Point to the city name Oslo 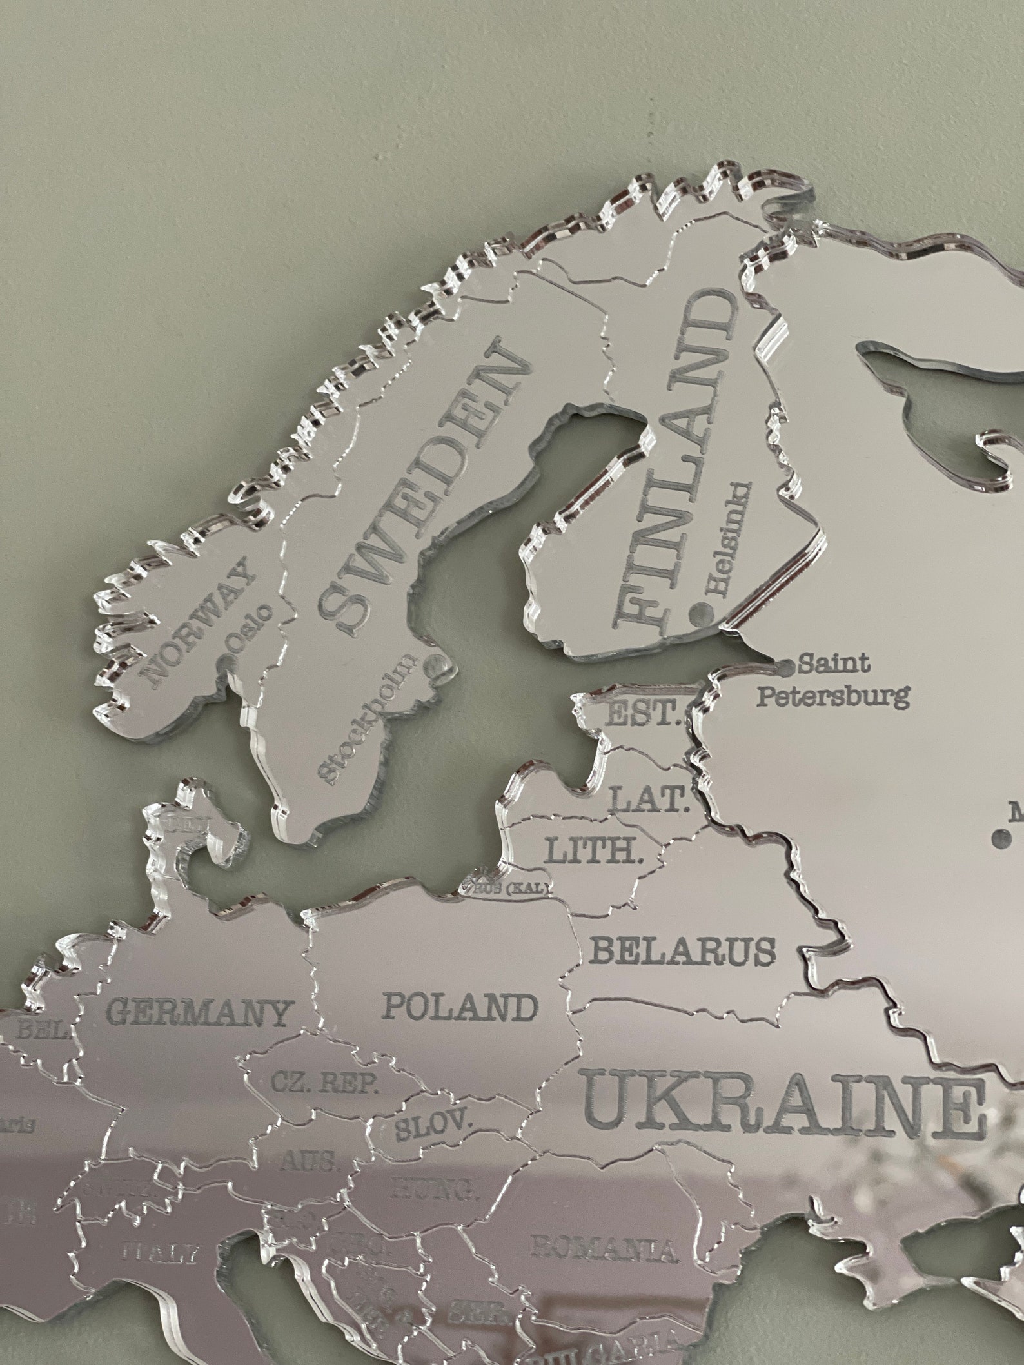[253, 624]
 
